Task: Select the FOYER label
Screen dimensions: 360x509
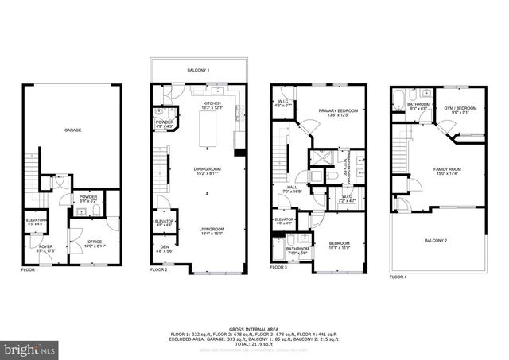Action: point(45,247)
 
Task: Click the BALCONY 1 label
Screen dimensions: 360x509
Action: point(198,72)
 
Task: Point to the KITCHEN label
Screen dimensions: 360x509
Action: point(212,103)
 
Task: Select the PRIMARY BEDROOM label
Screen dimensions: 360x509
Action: point(338,110)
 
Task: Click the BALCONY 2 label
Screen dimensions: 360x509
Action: point(435,240)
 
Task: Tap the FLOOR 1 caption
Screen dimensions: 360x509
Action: point(29,270)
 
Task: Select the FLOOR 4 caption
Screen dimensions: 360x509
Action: point(398,277)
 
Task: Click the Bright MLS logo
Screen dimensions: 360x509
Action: point(30,348)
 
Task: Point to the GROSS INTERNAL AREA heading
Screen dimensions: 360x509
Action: point(254,328)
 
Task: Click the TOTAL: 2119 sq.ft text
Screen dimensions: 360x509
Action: point(254,344)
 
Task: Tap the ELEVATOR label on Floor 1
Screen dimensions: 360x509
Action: point(36,220)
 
